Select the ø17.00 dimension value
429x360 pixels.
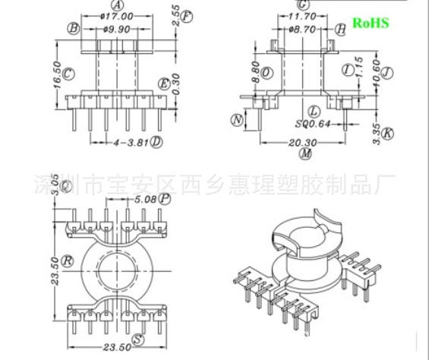[117, 15]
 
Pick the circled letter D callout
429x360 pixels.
[156, 142]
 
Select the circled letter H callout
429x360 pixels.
[341, 28]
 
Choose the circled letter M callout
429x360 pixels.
[305, 153]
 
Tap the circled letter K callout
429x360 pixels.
[389, 134]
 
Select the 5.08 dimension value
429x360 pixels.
[145, 200]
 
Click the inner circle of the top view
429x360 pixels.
[117, 267]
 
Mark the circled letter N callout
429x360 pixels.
[238, 120]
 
